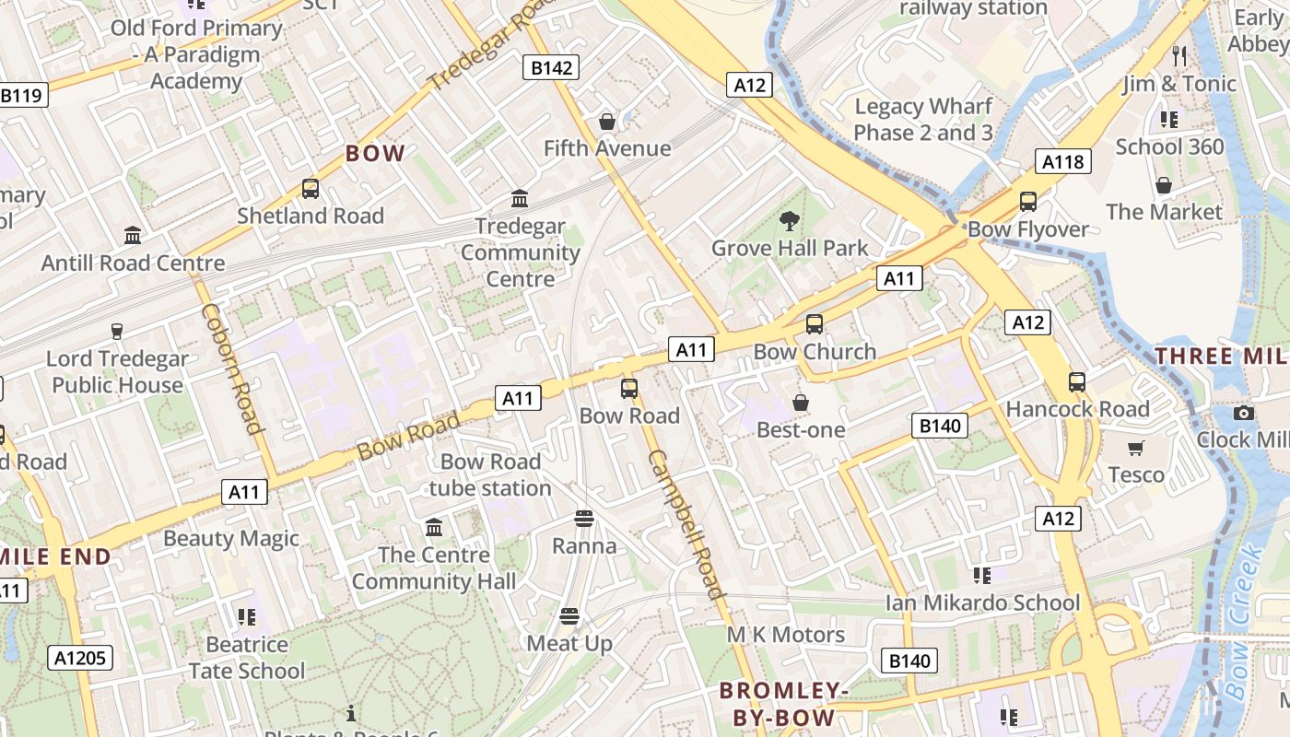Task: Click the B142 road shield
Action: [552, 67]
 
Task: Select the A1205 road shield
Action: [81, 658]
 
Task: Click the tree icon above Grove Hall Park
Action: [789, 220]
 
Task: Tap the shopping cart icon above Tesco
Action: [1136, 448]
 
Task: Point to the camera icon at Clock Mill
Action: [1244, 413]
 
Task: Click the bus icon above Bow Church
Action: [814, 324]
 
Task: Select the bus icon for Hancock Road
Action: [1076, 381]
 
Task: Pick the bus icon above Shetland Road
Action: [310, 189]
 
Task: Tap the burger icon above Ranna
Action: [583, 519]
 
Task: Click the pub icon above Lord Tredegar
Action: [117, 331]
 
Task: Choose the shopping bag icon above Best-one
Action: [800, 403]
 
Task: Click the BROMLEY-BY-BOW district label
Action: [783, 704]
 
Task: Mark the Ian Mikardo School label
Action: [982, 602]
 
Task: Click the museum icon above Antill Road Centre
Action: [133, 236]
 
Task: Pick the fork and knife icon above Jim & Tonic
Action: [1179, 56]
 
